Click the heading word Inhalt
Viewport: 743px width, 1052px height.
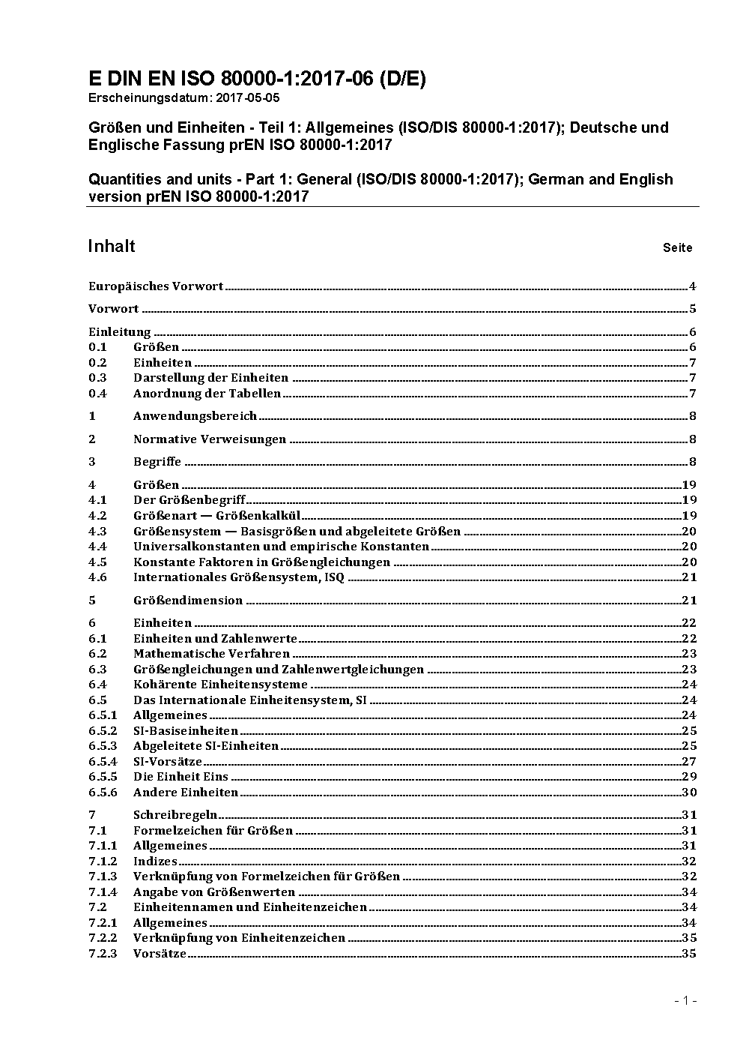[x=112, y=247]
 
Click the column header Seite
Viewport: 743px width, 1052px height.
[x=677, y=247]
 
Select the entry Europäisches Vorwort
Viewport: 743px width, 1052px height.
[x=156, y=286]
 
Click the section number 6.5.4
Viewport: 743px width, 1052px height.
[x=103, y=761]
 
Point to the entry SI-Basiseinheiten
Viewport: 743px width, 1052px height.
[x=186, y=730]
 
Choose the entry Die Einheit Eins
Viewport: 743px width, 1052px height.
[x=181, y=776]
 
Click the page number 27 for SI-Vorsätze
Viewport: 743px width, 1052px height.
[x=689, y=761]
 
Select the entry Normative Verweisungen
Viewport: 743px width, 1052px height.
[x=210, y=439]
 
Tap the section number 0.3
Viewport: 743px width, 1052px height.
[x=97, y=378]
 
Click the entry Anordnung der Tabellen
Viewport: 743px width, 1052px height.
[x=207, y=393]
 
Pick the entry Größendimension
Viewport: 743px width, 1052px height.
[x=188, y=600]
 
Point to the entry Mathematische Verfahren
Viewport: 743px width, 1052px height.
[x=201, y=653]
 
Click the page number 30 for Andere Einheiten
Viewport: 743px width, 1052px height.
[x=689, y=792]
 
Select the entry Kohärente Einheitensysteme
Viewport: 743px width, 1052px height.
[x=220, y=684]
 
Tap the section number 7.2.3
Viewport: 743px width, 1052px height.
[x=103, y=953]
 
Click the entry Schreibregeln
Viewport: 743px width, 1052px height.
[x=175, y=814]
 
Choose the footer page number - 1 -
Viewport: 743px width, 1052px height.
[x=686, y=1000]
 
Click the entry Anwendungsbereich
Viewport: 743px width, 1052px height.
[x=195, y=415]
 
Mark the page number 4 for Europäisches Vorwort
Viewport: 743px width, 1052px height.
[x=693, y=286]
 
